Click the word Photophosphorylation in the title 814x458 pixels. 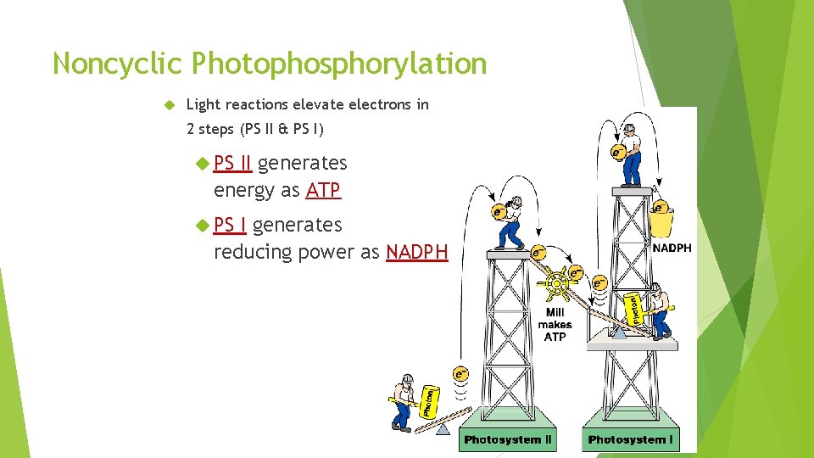339,64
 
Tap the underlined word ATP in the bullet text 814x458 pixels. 323,190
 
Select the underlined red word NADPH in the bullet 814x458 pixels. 416,252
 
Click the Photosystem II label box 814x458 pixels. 508,439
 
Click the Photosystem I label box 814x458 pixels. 630,439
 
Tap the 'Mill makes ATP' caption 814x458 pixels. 555,324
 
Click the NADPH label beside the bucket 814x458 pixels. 671,249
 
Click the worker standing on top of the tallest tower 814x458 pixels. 630,154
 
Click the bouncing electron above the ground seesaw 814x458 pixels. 460,372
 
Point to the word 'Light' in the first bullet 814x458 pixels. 202,104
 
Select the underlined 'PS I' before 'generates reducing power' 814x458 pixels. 230,225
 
